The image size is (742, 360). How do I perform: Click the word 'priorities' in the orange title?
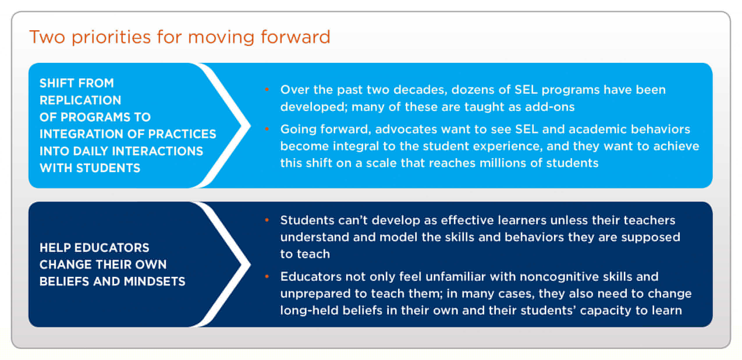[111, 37]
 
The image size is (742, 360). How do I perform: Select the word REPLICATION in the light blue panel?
[80, 100]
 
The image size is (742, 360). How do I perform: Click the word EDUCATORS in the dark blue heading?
[112, 247]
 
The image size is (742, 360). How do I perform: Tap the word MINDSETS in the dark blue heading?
[155, 281]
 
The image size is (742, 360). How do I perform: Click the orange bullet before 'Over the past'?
[267, 90]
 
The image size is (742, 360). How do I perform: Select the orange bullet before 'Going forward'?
[267, 129]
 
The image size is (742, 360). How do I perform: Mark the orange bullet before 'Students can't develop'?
[267, 220]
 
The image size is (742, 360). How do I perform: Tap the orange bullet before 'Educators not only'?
[267, 277]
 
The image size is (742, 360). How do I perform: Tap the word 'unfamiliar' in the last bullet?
[456, 277]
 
